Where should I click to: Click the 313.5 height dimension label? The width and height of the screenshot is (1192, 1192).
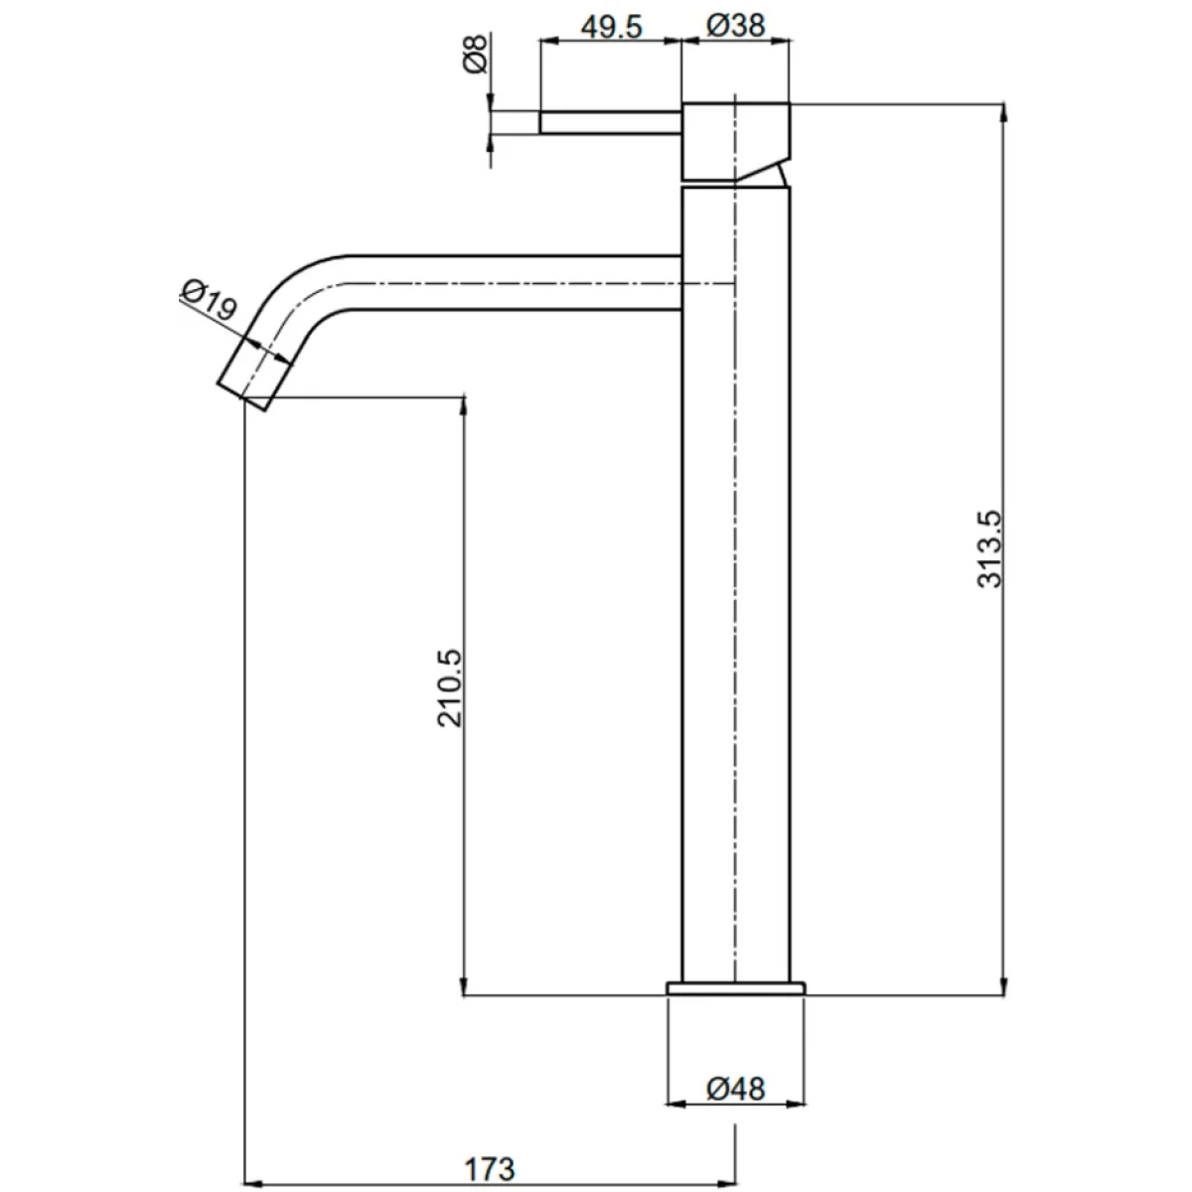pos(989,548)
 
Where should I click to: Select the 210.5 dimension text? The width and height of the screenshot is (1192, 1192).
pos(450,687)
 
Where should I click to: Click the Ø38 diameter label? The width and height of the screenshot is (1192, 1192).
pos(735,26)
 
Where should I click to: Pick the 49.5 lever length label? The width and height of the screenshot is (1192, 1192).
pos(612,27)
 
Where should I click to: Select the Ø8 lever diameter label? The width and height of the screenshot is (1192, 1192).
pos(476,54)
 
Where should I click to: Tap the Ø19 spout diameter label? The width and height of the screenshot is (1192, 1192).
pos(209,299)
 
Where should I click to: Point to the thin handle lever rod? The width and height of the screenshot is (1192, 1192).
pos(611,122)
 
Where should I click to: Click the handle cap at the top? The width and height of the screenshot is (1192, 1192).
pos(735,142)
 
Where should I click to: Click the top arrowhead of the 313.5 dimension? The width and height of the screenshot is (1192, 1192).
pos(1003,113)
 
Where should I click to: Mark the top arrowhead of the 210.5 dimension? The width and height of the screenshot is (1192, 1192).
pos(464,407)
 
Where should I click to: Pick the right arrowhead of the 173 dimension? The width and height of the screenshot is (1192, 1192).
pos(725,1180)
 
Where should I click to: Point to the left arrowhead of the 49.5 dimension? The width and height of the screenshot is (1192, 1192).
pos(550,42)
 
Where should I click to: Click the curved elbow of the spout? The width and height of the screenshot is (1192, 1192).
pos(292,291)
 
